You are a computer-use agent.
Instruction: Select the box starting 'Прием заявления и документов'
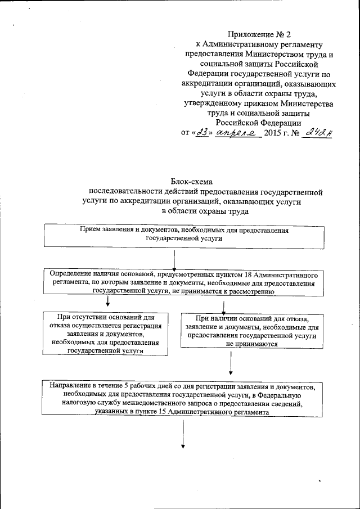coord(184,235)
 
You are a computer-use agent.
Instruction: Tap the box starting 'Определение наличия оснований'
coord(184,283)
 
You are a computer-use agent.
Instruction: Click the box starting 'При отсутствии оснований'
coord(105,334)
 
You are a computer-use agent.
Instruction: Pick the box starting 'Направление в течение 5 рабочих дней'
coord(184,399)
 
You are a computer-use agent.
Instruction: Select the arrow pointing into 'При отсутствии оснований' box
coord(107,305)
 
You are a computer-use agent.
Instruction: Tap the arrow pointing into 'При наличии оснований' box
coord(224,307)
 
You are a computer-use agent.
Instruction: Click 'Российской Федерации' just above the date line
coord(259,122)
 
